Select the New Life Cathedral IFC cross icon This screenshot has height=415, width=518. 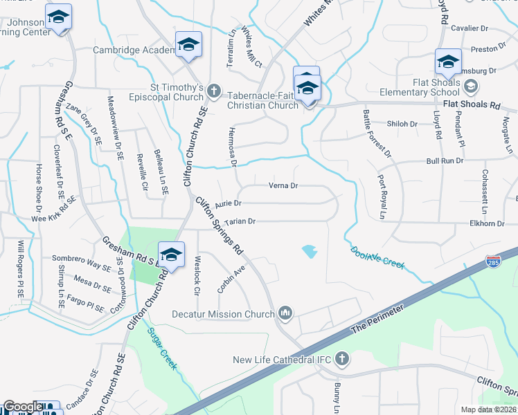(341, 359)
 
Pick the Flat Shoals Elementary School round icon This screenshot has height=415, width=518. (471, 86)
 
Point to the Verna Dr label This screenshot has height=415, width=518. (283, 185)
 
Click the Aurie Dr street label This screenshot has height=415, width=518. (228, 203)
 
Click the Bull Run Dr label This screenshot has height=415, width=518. (444, 160)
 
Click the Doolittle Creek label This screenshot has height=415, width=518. (377, 259)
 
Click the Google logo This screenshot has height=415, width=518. (23, 407)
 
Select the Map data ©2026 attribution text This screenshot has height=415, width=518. (488, 409)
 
